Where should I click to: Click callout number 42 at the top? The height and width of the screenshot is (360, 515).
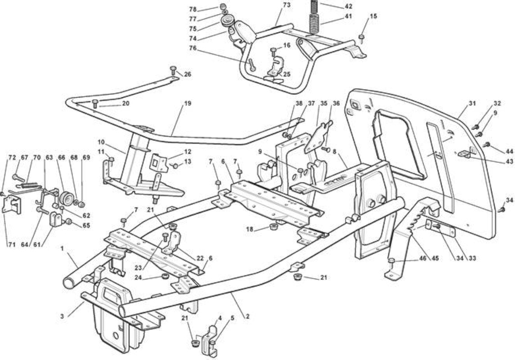349,6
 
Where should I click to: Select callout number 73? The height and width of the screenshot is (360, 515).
287,5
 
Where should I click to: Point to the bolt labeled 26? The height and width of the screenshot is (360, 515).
174,71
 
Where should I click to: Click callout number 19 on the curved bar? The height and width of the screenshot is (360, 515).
188,103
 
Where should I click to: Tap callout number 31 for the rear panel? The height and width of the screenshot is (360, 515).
472,103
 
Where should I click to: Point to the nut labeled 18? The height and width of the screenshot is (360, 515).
273,227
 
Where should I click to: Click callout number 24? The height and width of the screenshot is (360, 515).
139,277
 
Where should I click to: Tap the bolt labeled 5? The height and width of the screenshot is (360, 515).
212,346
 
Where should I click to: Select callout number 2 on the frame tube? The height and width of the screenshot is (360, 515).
247,317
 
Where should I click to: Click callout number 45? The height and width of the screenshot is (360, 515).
435,258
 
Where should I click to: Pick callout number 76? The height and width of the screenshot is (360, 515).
193,48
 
